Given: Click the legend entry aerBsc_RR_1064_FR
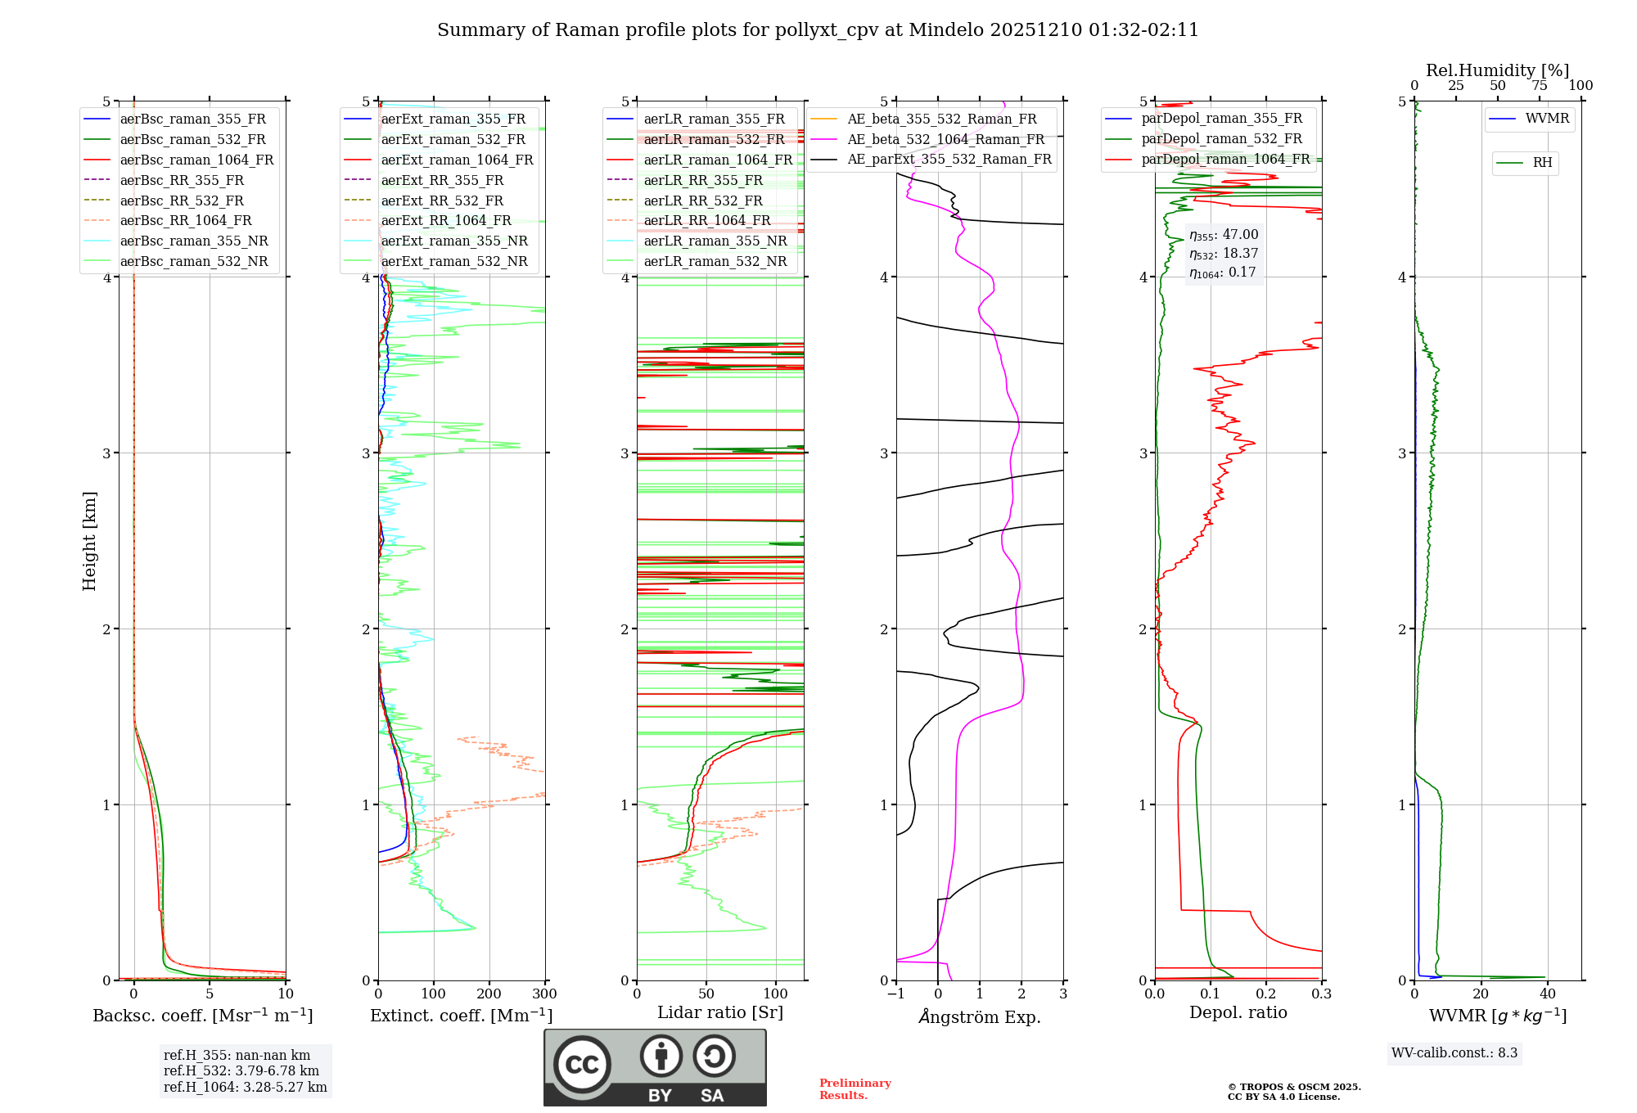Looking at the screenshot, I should (186, 221).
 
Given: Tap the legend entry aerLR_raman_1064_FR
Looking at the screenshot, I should (718, 160).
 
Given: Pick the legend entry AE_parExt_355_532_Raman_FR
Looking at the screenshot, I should (949, 160).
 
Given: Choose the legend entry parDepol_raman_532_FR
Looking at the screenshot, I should (1221, 139).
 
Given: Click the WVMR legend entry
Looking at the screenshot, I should (1547, 119).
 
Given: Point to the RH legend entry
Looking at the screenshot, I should (1542, 163).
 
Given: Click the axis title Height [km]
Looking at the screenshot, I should (89, 541).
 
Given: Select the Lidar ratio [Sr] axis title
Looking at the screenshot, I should (720, 1012).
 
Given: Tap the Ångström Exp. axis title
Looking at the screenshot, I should (980, 1017).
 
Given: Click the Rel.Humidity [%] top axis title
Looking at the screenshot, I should (1497, 70).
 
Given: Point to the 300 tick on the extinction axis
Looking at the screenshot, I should (545, 994).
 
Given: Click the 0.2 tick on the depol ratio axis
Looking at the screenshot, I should (1266, 994).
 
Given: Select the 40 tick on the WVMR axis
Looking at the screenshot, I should (1548, 994).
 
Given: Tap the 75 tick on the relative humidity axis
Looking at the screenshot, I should (1540, 86).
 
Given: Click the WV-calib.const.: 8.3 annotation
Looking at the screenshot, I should (1454, 1053).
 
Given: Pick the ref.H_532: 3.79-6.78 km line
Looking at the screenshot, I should (241, 1071).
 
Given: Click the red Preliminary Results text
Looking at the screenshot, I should (855, 1089).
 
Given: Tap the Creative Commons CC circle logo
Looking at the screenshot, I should (582, 1065).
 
